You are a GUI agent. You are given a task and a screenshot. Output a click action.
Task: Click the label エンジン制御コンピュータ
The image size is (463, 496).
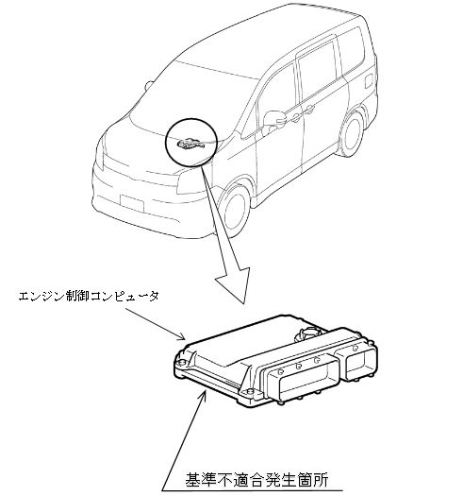pos(89,297)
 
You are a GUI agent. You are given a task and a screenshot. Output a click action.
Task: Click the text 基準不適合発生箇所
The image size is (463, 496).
pos(256,479)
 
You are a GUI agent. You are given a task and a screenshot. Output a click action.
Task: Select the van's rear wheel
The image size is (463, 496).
pos(351,134)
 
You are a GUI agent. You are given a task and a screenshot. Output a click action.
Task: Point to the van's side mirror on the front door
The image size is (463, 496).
pos(273,120)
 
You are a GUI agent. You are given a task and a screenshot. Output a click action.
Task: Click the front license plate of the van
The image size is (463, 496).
pos(132,203)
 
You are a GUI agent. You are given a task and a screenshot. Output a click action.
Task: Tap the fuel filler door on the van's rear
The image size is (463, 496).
pos(369,81)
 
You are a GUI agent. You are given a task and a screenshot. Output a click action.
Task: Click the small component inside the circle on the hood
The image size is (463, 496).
pos(190,144)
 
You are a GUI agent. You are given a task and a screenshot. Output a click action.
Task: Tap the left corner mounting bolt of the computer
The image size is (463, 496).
pos(181,363)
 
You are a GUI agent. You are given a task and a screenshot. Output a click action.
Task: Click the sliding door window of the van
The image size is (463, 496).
pos(318,70)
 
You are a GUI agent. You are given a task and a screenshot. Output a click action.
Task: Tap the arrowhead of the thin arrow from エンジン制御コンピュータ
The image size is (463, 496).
pos(182,337)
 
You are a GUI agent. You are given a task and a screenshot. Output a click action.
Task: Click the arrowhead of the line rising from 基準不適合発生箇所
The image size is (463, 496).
pos(204,395)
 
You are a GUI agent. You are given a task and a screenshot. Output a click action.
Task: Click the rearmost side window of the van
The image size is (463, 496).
pos(351,51)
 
